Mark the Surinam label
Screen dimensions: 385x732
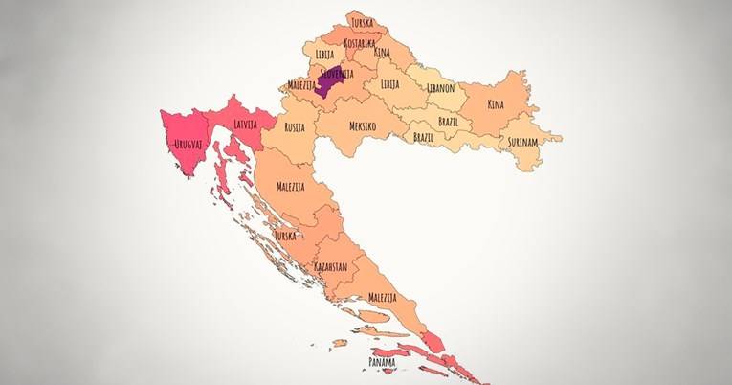tap(522, 141)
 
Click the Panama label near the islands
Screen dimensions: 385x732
tap(383, 362)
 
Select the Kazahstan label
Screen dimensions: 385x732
tap(330, 267)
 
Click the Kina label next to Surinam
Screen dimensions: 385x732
tap(495, 103)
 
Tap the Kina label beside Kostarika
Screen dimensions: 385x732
tap(382, 51)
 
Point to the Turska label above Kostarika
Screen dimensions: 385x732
tap(362, 21)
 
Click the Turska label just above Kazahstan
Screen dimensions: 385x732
tap(284, 235)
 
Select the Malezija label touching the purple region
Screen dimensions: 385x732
tap(302, 84)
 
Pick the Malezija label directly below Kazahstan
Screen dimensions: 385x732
tap(381, 298)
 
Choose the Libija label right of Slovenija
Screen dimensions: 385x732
tap(389, 84)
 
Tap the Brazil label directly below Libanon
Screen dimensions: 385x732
tap(448, 122)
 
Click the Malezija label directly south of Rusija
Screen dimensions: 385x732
tap(290, 186)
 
